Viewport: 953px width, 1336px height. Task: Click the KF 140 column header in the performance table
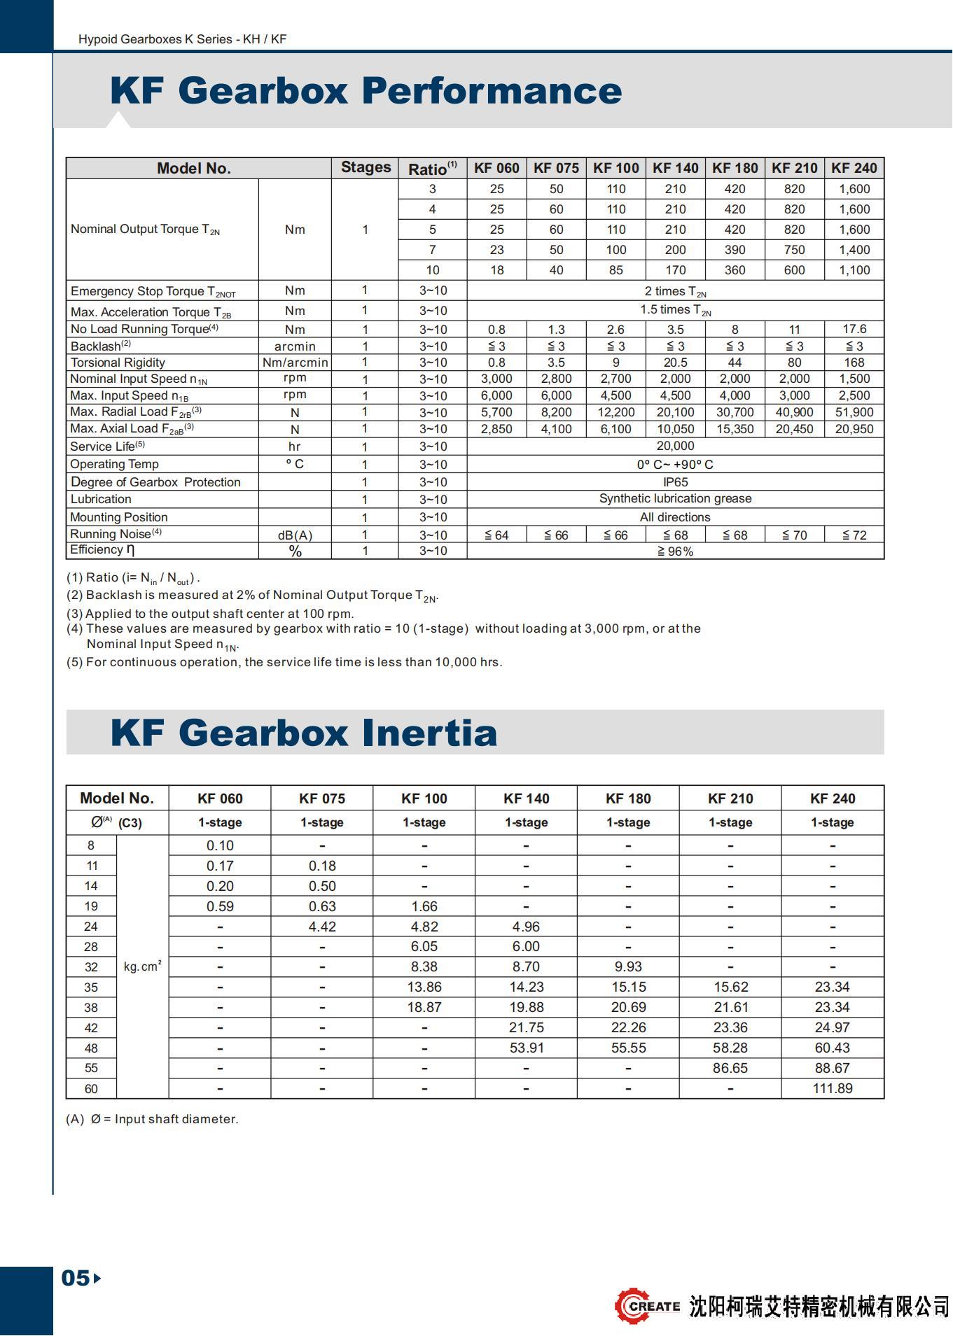675,168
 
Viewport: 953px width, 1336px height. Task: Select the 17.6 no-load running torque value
854,329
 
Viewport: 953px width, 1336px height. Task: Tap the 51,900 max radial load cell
854,412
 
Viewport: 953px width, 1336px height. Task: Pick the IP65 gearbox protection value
675,482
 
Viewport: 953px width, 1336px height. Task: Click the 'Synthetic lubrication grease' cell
675,498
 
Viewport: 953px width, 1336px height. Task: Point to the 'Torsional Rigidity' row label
118,363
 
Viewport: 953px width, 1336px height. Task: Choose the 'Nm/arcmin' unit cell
295,363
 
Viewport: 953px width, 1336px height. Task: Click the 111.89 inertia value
833,1088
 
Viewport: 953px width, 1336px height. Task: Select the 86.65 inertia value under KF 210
730,1068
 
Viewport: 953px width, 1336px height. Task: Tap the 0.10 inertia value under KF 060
220,845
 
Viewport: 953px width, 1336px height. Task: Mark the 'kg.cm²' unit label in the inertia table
142,966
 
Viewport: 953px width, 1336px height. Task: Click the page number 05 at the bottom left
76,1278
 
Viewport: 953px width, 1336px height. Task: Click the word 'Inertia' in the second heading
429,733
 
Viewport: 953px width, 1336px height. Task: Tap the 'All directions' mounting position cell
675,517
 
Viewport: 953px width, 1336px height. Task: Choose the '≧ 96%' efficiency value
675,551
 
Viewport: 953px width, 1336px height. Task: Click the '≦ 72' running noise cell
854,535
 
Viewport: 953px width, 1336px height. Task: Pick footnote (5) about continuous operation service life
284,662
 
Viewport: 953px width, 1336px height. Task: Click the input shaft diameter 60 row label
91,1089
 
